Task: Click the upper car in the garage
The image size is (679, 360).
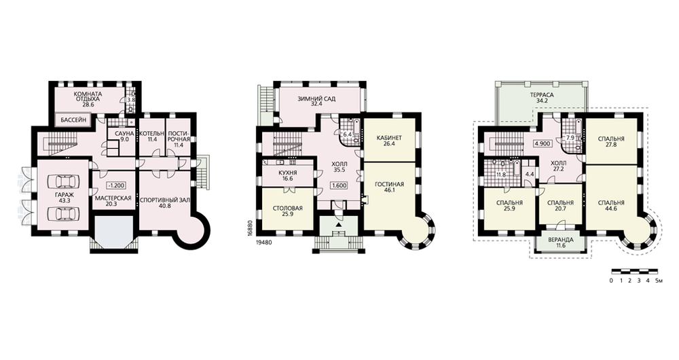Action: coord(63,181)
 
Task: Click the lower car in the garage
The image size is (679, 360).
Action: coord(63,213)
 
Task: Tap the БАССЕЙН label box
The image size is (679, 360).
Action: coord(73,120)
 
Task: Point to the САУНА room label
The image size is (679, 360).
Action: coord(122,133)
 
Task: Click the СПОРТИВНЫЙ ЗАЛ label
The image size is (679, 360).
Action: coord(164,200)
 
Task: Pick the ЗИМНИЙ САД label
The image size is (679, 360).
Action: coord(316,98)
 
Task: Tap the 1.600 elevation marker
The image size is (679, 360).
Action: coord(339,185)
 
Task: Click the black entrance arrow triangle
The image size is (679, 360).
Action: coord(339,226)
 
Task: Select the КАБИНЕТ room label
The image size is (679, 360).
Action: coord(390,138)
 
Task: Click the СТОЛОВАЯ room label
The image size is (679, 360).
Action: coord(287,209)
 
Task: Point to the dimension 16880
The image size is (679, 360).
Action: coord(249,228)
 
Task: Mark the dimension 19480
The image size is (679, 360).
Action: coord(264,242)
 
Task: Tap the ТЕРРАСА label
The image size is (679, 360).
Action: coord(542,95)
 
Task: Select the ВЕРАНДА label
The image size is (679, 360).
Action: coord(560,240)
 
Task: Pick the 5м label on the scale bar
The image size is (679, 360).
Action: coord(659,281)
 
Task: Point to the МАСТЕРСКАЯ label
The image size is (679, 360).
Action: coord(113,198)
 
